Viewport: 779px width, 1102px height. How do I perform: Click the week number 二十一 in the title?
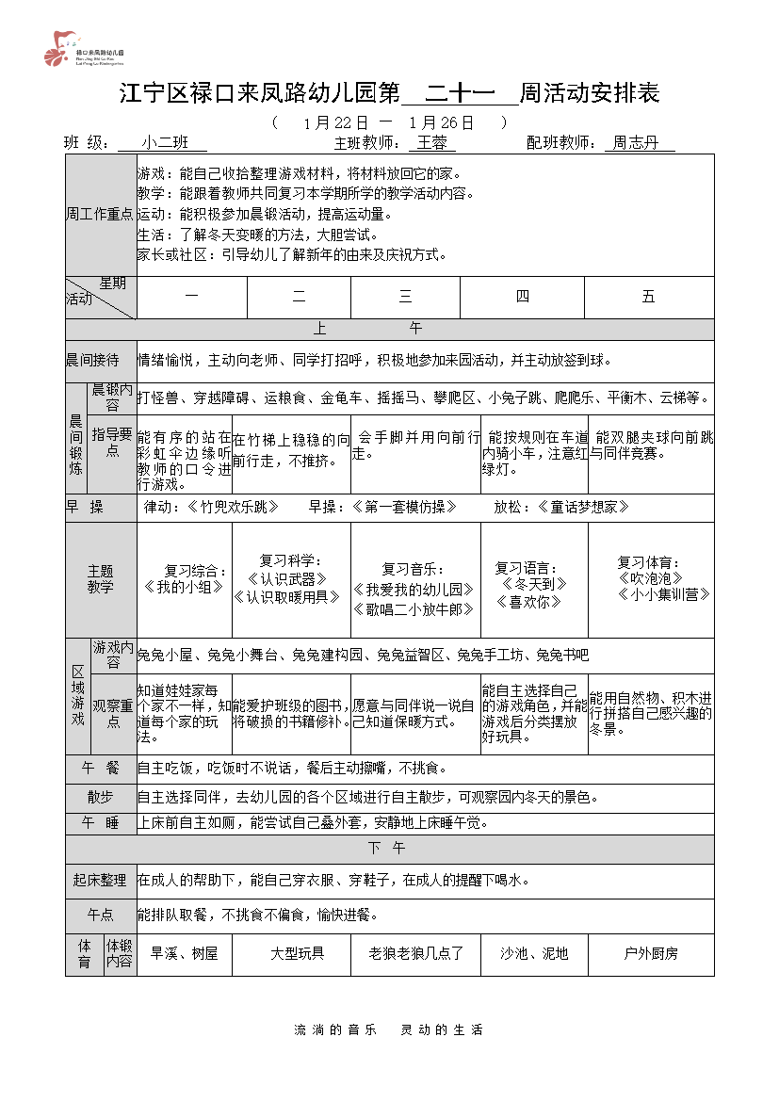[459, 93]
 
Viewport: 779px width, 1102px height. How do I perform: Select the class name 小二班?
[162, 143]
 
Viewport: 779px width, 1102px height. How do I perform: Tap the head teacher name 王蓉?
[432, 143]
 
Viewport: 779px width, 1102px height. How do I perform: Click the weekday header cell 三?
[405, 297]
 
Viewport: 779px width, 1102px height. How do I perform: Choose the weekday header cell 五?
[648, 297]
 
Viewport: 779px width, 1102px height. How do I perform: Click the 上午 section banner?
[389, 329]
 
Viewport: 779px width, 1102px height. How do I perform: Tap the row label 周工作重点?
[101, 214]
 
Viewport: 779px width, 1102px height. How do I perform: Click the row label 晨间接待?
[92, 360]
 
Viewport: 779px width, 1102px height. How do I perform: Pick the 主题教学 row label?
[101, 579]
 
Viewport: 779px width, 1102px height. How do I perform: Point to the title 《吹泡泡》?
[651, 578]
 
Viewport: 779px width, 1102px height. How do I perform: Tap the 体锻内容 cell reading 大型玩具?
[298, 953]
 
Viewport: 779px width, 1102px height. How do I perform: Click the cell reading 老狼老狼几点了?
[415, 953]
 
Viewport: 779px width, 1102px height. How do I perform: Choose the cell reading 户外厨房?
[651, 953]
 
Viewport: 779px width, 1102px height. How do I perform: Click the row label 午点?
[101, 915]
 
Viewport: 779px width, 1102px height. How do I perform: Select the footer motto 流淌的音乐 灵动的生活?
[389, 1029]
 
